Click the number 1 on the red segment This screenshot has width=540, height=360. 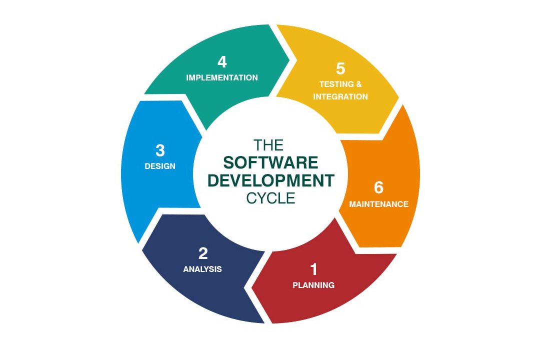click(313, 269)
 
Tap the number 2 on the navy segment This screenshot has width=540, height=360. click(202, 253)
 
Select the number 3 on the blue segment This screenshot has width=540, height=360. click(160, 150)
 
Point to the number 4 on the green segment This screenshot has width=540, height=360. click(222, 62)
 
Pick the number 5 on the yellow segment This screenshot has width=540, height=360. click(340, 69)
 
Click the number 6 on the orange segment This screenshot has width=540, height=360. click(378, 187)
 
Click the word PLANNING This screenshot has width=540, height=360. click(313, 285)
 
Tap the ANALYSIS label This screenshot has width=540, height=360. click(202, 269)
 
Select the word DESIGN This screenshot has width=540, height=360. click(160, 166)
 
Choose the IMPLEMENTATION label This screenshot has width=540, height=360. click(222, 77)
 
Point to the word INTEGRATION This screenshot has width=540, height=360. click(340, 96)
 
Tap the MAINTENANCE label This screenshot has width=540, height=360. click(378, 204)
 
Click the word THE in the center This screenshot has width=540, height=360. click(268, 145)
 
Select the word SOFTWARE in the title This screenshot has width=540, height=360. click(270, 162)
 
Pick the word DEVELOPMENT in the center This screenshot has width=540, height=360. click(270, 180)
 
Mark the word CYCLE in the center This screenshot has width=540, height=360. click(270, 198)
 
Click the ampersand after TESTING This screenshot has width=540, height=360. click(358, 84)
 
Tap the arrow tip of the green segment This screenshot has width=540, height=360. click(289, 59)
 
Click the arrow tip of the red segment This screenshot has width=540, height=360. click(253, 288)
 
